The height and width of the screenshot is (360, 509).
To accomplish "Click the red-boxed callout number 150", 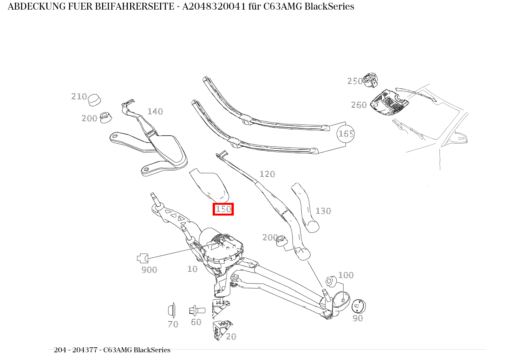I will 223,209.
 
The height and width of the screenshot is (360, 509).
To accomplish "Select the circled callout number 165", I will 345,134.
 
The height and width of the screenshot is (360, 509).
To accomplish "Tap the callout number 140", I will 155,111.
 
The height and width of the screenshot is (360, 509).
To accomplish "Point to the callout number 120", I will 267,174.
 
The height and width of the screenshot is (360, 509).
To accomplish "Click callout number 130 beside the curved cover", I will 323,211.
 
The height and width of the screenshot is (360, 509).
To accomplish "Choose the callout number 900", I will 149,270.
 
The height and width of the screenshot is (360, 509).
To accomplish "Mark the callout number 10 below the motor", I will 192,269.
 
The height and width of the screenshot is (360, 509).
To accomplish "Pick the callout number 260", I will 359,105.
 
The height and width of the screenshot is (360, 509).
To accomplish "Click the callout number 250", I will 355,81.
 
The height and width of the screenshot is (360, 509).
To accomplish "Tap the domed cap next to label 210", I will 94,100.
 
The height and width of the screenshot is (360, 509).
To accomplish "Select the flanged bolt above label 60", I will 196,310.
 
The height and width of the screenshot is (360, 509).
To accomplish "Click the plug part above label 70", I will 172,310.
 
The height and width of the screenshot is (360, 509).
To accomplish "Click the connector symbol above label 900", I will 142,258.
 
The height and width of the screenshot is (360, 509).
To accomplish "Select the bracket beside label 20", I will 221,329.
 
